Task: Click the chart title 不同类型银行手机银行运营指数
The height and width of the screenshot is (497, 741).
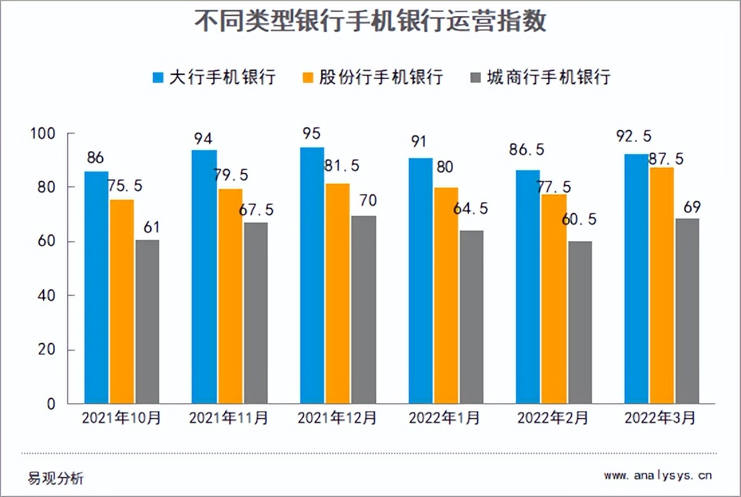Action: pyautogui.click(x=370, y=21)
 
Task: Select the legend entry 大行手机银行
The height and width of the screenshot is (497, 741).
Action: pyautogui.click(x=214, y=76)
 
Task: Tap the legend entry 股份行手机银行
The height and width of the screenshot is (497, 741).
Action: pyautogui.click(x=373, y=76)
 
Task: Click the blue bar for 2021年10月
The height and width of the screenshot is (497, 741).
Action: pyautogui.click(x=96, y=288)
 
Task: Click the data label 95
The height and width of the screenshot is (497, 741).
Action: pyautogui.click(x=312, y=134)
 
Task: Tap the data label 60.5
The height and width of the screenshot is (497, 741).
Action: pyautogui.click(x=580, y=220)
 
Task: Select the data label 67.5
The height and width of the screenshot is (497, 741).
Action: pyautogui.click(x=255, y=210)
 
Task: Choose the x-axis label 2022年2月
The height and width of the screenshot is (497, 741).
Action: pyautogui.click(x=553, y=418)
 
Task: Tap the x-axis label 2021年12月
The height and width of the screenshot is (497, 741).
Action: pyautogui.click(x=337, y=418)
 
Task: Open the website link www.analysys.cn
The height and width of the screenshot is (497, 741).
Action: pyautogui.click(x=657, y=476)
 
